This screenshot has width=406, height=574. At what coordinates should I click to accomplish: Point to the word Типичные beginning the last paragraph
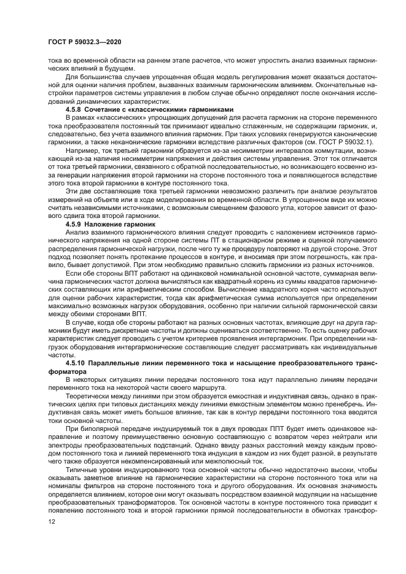click(84, 468)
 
